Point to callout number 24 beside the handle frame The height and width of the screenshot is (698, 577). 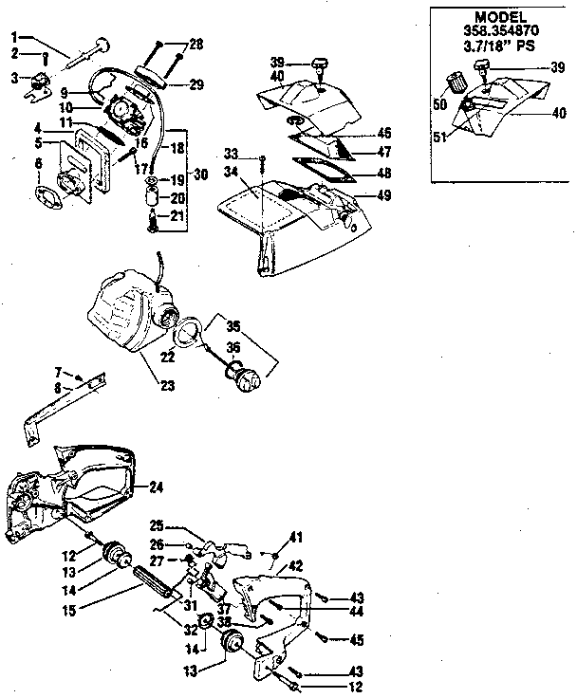click(x=157, y=487)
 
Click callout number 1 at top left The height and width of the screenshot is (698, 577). click(x=14, y=36)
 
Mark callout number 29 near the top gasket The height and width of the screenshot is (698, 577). click(x=196, y=84)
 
